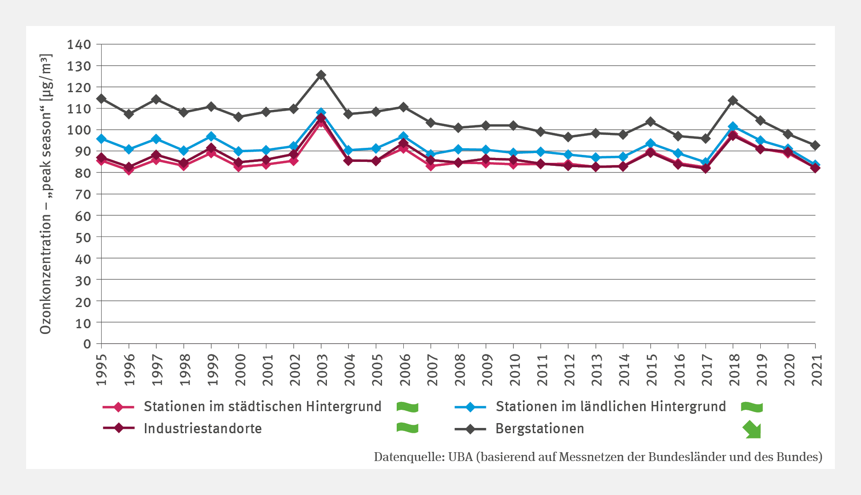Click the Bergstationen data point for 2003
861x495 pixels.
321,75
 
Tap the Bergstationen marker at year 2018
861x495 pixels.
733,101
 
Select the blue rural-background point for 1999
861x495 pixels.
211,136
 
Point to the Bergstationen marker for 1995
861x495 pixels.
101,98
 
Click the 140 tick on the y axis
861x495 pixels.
79,45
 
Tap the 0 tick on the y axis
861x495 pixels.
87,344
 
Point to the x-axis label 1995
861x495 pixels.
102,370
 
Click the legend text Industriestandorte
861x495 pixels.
203,428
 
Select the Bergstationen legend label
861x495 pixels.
540,428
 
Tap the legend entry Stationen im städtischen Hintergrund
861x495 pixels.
262,406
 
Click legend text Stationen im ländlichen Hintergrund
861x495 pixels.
611,406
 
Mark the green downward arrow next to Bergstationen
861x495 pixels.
752,430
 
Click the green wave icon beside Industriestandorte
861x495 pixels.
407,428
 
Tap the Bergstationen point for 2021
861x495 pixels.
815,146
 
